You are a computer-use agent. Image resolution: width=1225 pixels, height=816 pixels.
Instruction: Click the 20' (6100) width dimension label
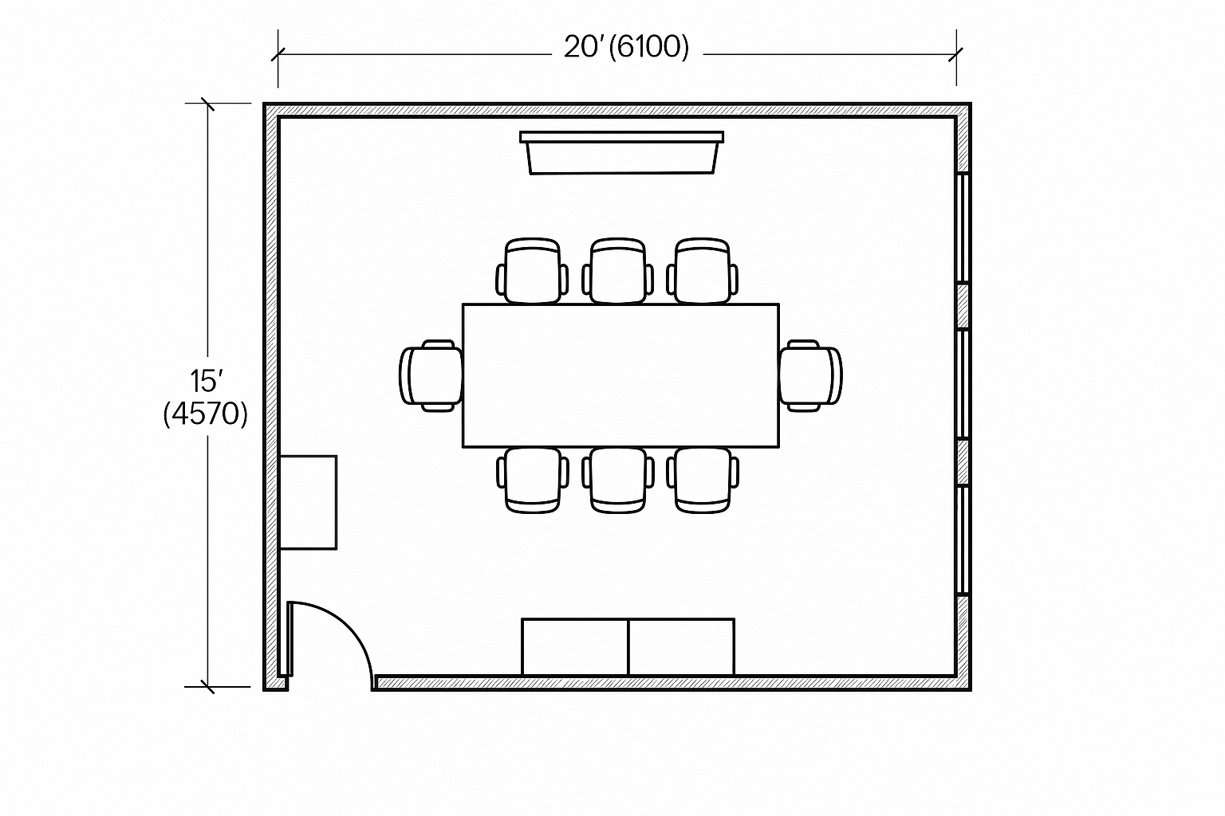point(626,48)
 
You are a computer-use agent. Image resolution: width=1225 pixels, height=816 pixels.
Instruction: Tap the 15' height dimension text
point(207,381)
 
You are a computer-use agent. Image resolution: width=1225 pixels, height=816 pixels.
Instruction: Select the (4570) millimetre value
point(206,414)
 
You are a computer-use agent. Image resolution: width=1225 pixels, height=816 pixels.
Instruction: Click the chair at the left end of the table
point(431,375)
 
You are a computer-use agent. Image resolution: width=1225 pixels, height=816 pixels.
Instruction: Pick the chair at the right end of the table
point(810,375)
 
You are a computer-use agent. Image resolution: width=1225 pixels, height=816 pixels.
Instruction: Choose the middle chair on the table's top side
point(618,271)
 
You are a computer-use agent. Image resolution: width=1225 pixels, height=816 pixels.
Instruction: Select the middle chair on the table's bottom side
point(618,481)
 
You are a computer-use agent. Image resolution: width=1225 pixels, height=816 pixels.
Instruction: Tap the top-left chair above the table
point(533,271)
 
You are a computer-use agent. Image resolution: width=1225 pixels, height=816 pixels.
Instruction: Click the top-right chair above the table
point(703,271)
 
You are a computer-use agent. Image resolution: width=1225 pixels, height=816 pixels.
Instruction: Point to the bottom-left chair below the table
point(533,481)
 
